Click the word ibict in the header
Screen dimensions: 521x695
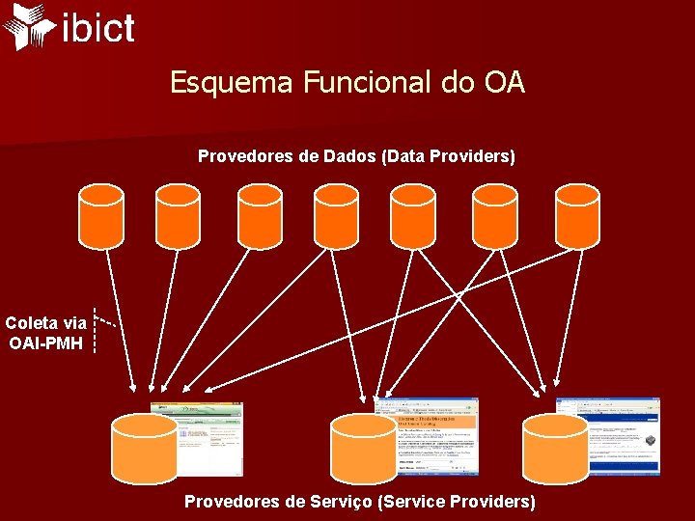(x=97, y=28)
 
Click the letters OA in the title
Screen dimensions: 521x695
(x=504, y=82)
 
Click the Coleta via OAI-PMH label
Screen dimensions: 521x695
(x=46, y=333)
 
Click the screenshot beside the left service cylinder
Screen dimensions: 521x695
(x=209, y=439)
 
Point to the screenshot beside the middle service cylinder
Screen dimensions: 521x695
(x=437, y=435)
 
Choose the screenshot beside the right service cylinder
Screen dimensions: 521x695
(x=619, y=435)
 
